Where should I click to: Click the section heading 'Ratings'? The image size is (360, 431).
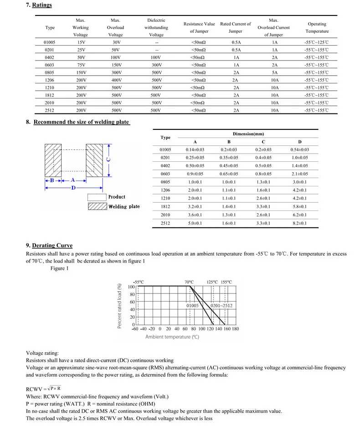point(42,5)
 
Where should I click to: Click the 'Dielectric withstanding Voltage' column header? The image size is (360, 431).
point(156,28)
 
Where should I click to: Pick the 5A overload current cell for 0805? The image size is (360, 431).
point(274,73)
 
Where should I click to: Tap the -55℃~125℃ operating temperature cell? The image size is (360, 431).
point(316,42)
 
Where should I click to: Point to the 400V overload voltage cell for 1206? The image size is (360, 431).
point(116,81)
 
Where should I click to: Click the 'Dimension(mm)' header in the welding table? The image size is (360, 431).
point(248,134)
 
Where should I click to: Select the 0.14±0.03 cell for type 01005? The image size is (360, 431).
point(195,150)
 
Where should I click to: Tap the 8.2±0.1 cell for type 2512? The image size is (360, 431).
point(299,223)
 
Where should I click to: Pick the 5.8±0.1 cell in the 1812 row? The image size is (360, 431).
point(299,207)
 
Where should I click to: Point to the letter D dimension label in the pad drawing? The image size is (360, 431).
point(73,188)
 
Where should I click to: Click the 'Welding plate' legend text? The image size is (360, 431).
point(124,206)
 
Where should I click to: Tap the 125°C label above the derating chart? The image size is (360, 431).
point(212,282)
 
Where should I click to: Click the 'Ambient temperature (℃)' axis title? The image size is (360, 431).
point(173,337)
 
